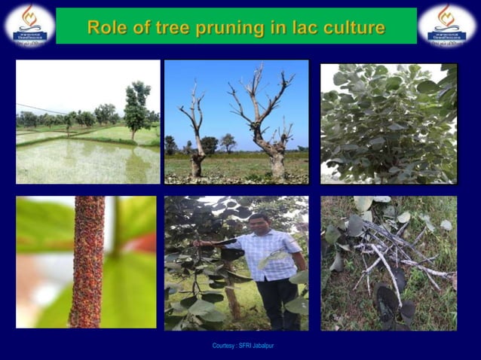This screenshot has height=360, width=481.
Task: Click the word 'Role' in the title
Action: coord(105,28)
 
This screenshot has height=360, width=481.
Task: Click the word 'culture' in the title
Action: coord(345,28)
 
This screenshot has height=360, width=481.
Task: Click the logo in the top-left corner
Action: coord(29,25)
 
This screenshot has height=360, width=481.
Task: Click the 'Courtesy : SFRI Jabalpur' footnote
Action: coord(240,346)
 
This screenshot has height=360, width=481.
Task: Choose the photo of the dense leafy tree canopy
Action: coord(388,123)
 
